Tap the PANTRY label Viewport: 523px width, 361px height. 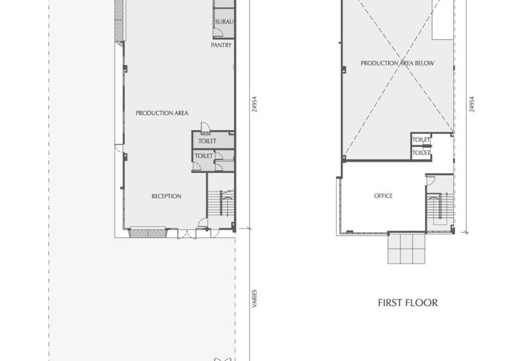pyautogui.click(x=220, y=46)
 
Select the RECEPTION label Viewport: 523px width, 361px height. pyautogui.click(x=166, y=196)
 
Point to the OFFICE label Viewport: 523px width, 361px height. pyautogui.click(x=383, y=196)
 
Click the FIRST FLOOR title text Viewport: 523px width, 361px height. pyautogui.click(x=407, y=303)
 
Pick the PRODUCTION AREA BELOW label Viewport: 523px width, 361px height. pyautogui.click(x=397, y=63)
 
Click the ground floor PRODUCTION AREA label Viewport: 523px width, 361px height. pyautogui.click(x=162, y=113)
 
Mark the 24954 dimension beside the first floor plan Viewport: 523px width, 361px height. pyautogui.click(x=471, y=105)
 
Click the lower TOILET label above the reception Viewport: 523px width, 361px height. pyautogui.click(x=204, y=156)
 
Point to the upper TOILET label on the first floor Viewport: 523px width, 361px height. pyautogui.click(x=421, y=139)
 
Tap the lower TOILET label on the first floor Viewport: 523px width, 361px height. pyautogui.click(x=421, y=152)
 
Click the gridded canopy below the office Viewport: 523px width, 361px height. pyautogui.click(x=407, y=249)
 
